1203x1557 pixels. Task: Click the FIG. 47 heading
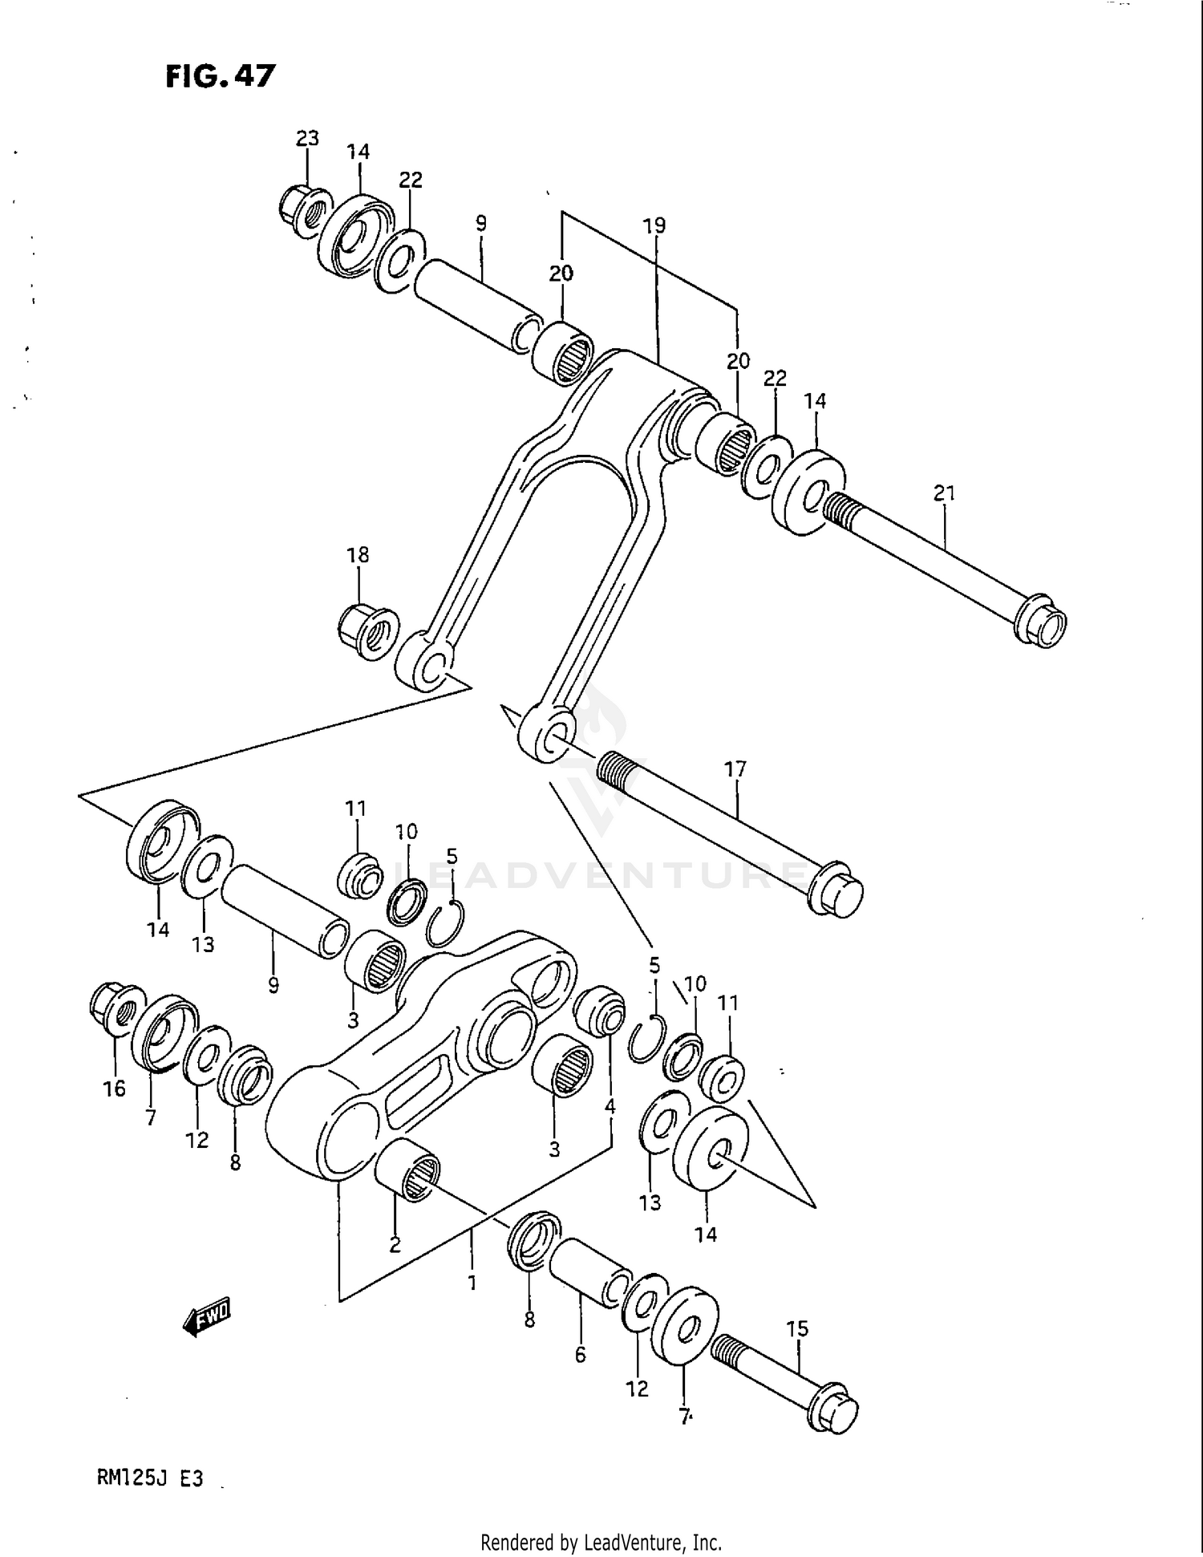coord(221,76)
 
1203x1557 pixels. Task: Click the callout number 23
coord(307,139)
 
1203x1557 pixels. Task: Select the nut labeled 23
coord(306,211)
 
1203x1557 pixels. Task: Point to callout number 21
coord(945,493)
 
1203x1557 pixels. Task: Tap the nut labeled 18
coord(368,631)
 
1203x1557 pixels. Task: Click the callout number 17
coord(735,770)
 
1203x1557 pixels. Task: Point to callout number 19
coord(654,226)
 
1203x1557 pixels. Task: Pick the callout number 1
coord(472,1283)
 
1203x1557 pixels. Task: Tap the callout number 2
coord(395,1245)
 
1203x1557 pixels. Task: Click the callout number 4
coord(610,1107)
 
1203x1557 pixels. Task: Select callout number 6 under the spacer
coord(580,1355)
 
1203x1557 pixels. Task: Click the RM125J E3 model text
coord(150,1477)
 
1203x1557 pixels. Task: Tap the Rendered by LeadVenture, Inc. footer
coord(601,1541)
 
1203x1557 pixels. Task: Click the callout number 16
coord(115,1089)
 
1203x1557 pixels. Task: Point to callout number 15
coord(797,1329)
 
